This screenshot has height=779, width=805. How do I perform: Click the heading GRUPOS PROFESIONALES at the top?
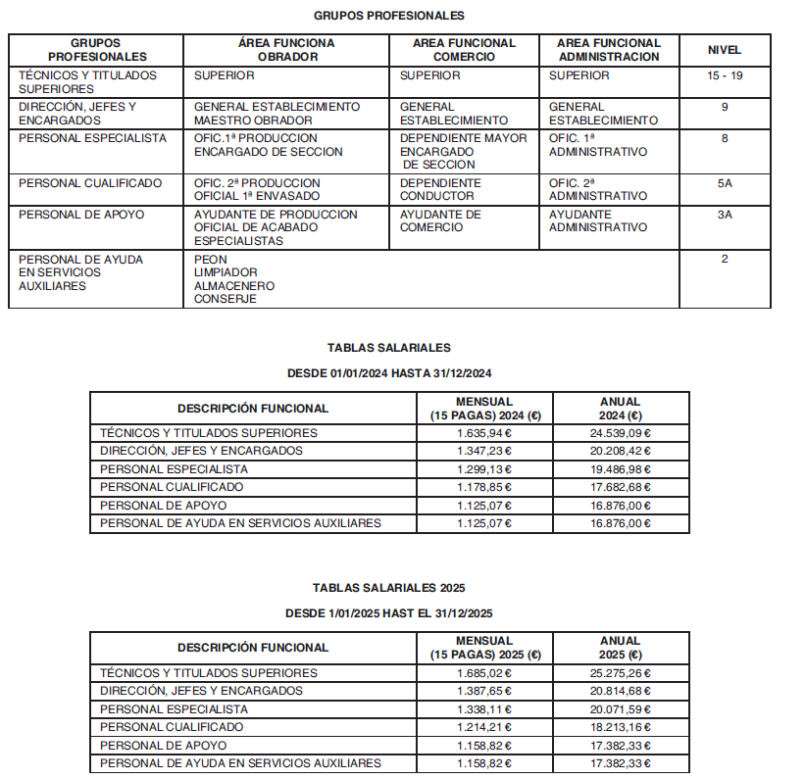[x=388, y=16]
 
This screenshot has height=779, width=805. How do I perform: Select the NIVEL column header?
[x=724, y=50]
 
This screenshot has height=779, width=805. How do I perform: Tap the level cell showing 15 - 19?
[x=724, y=75]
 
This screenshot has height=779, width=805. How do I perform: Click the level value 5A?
[x=724, y=183]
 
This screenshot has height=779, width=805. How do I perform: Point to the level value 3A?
[x=724, y=215]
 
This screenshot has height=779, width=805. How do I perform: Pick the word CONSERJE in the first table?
[x=226, y=299]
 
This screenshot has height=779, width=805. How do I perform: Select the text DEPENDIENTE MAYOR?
[x=463, y=138]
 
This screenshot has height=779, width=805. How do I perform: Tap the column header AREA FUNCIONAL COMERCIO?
[x=464, y=50]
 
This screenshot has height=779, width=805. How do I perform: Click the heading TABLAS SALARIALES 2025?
[x=388, y=588]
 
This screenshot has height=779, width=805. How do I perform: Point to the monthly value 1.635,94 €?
[x=484, y=433]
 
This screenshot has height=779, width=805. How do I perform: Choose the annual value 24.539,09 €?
[x=621, y=433]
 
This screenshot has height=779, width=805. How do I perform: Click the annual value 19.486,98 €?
[x=621, y=469]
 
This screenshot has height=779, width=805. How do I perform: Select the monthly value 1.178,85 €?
[x=484, y=487]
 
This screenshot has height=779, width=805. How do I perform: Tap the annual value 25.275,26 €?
[x=621, y=673]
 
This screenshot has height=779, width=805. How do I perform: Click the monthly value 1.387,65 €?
[x=484, y=691]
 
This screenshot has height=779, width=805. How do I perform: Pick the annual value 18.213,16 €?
[x=621, y=727]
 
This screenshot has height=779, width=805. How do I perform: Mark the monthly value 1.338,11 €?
[x=484, y=709]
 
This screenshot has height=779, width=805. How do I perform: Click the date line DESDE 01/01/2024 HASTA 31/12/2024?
[x=388, y=373]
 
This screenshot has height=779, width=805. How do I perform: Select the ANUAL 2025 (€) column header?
[x=621, y=648]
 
